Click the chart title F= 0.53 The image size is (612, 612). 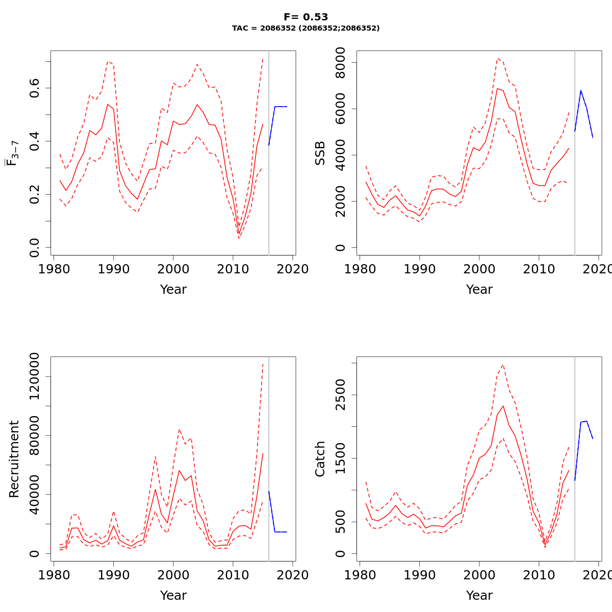click(x=305, y=17)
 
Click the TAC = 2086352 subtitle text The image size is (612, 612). click(x=305, y=29)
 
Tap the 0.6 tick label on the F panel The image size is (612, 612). click(x=35, y=88)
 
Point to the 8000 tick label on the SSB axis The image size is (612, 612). click(x=341, y=63)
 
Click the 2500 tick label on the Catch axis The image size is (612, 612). click(x=341, y=395)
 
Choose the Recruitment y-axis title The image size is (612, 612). click(x=14, y=459)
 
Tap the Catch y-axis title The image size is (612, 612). click(x=320, y=459)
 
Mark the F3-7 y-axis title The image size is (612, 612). click(x=12, y=153)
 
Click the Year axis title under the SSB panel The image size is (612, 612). click(x=479, y=290)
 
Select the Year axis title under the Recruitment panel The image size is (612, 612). click(x=173, y=596)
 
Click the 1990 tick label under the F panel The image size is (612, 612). click(x=113, y=269)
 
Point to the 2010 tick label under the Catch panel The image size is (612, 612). click(x=539, y=575)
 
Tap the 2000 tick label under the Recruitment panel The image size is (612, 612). click(x=173, y=575)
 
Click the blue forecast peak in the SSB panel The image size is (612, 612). click(x=580, y=91)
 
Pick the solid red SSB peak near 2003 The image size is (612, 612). click(x=497, y=89)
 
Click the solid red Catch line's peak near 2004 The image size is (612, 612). click(x=503, y=406)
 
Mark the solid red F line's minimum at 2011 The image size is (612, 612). click(x=239, y=234)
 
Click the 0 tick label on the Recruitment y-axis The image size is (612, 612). click(x=35, y=553)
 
